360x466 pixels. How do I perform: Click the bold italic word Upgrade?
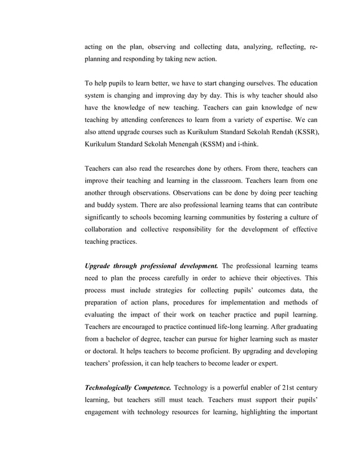(100, 265)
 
